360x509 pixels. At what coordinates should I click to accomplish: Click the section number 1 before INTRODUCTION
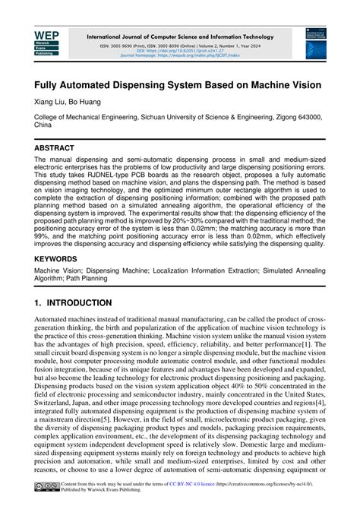[38, 302]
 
